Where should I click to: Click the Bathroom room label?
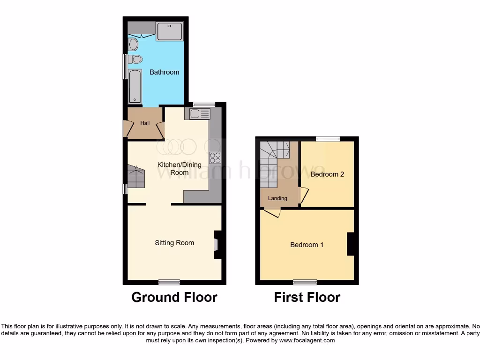click(164, 72)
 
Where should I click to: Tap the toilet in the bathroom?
click(135, 59)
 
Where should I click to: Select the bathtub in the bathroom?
click(135, 86)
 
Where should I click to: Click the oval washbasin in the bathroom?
click(133, 45)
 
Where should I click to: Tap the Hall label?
click(145, 123)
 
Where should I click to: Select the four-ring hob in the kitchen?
click(215, 158)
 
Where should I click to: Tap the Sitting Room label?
click(174, 243)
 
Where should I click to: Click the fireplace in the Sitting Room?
click(217, 244)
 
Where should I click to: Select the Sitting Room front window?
click(169, 282)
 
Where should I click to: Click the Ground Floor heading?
click(174, 297)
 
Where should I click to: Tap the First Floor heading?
click(307, 297)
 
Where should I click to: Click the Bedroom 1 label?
click(307, 245)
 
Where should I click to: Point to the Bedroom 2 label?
click(327, 174)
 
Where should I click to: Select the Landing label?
click(277, 198)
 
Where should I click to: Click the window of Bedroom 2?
click(327, 139)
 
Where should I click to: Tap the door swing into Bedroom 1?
click(272, 213)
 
